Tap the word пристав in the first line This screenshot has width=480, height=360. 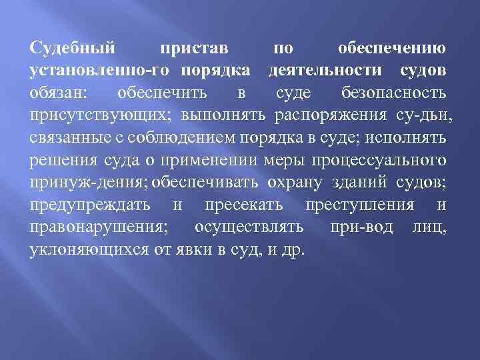click(x=195, y=49)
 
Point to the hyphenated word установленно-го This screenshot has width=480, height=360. click(x=99, y=71)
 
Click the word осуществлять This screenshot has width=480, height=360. click(x=250, y=228)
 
